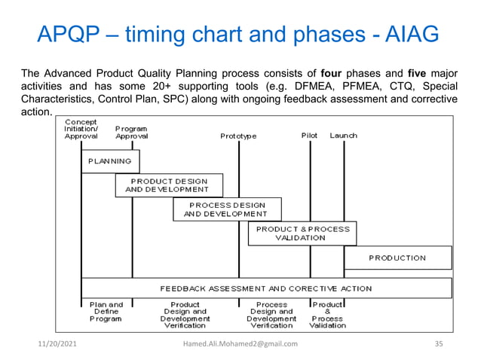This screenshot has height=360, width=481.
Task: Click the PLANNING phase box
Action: point(110,161)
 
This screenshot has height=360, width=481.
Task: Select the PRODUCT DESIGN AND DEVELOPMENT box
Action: point(169,185)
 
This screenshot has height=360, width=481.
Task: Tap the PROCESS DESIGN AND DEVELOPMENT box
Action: point(227,209)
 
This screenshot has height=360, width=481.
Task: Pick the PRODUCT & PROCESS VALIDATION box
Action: point(302,233)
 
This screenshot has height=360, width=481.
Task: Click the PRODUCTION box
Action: point(397,258)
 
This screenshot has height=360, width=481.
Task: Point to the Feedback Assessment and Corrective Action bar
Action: point(265,288)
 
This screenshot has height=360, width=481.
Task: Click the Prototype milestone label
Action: point(238,136)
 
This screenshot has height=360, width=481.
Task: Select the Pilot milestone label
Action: point(309,136)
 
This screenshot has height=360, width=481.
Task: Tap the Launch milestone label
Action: point(343,136)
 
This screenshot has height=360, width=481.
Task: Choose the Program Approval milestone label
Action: point(132,133)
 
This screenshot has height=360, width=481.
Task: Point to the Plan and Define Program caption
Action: point(106,312)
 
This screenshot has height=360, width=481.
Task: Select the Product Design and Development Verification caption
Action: point(185,315)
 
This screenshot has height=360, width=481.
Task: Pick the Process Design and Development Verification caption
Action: point(271,315)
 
